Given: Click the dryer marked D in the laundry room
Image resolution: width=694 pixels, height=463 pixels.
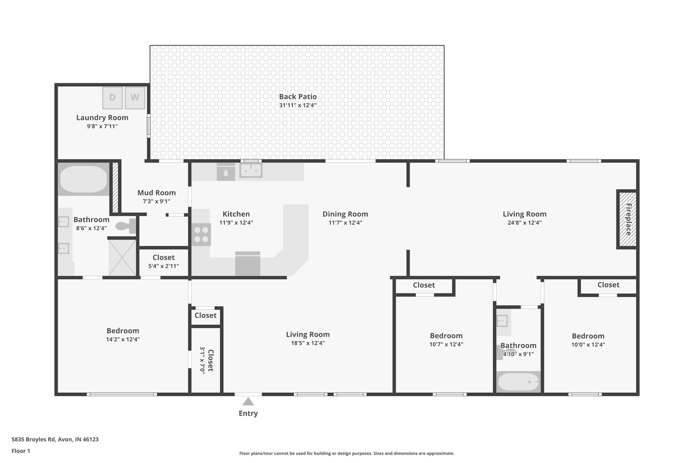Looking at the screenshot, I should [x=112, y=98].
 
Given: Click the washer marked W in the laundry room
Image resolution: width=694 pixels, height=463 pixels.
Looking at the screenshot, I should [x=135, y=98].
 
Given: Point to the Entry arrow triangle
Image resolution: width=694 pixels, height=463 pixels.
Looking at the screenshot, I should [x=248, y=402].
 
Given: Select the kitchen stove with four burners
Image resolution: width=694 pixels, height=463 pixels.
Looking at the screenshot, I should [x=201, y=234].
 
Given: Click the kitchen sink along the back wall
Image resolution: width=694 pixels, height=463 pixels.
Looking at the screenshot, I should [x=251, y=170].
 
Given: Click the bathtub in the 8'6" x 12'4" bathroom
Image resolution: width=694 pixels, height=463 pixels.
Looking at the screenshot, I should [x=83, y=179].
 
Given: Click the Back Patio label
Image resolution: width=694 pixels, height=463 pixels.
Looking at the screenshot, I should [x=298, y=97].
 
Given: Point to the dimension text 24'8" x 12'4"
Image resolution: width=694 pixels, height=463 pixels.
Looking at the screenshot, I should [x=524, y=223].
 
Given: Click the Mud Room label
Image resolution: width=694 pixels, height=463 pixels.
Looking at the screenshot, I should [x=156, y=193].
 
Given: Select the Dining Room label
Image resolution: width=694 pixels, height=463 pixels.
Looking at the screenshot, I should [x=345, y=214].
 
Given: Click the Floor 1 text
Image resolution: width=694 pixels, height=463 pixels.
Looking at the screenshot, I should [x=21, y=451].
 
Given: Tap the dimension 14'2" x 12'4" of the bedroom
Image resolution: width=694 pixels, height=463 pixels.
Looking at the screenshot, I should [x=123, y=339].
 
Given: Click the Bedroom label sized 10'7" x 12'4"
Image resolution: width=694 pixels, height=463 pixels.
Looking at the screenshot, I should [x=446, y=336].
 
